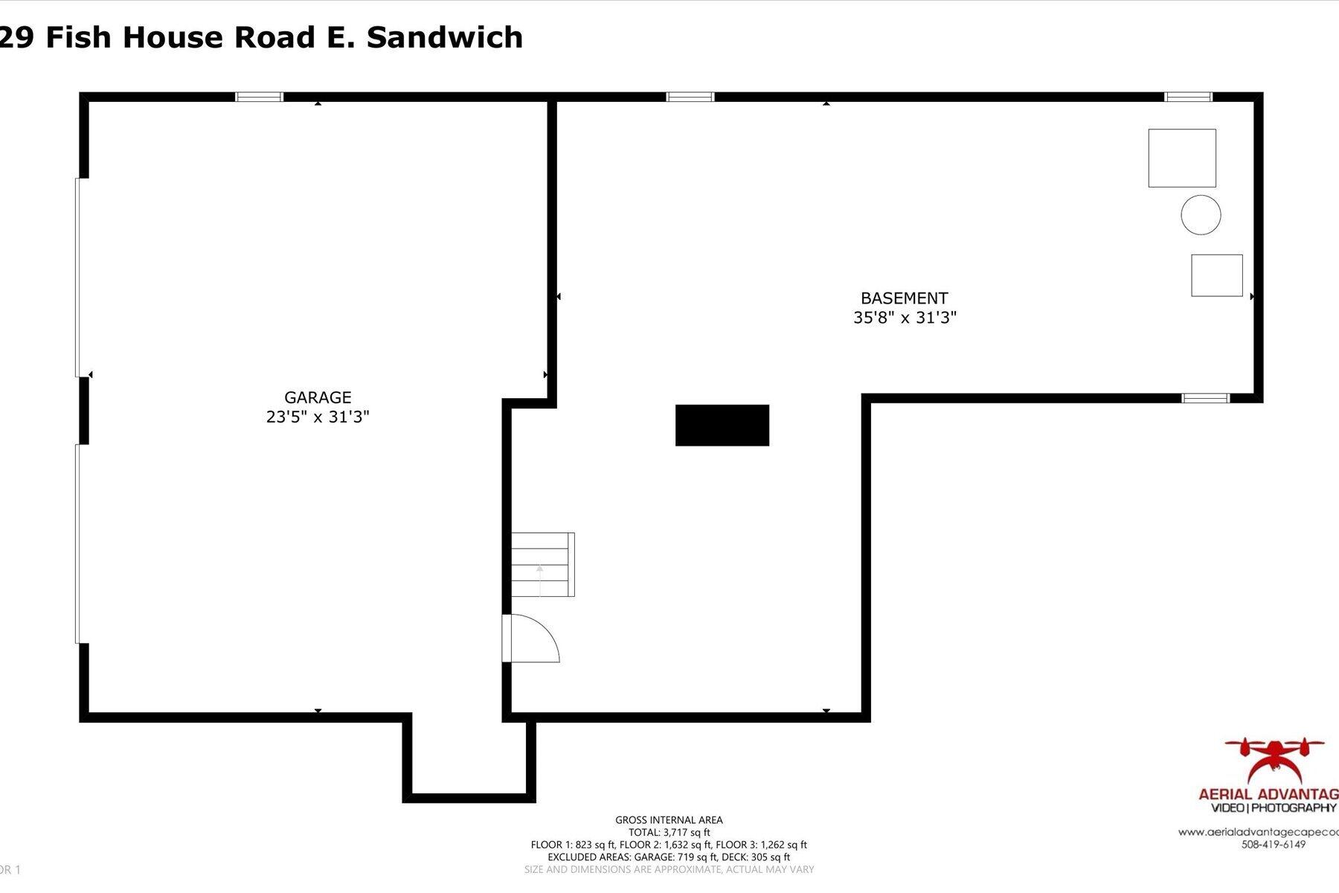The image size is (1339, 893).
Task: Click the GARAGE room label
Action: (x=318, y=397)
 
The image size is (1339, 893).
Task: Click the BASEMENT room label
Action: (x=904, y=298)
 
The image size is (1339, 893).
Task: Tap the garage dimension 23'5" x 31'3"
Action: (x=318, y=417)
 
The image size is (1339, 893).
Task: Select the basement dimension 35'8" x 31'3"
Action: (x=905, y=318)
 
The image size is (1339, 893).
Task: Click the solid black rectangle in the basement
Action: (x=722, y=426)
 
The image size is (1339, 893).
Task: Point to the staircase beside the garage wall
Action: (x=542, y=564)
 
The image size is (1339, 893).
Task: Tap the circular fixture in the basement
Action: (x=1201, y=215)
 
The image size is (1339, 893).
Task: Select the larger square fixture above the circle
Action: (x=1181, y=158)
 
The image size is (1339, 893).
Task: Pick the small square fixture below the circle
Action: (x=1216, y=275)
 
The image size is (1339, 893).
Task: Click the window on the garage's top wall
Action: (x=260, y=97)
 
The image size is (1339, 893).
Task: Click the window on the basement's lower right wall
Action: (x=1205, y=398)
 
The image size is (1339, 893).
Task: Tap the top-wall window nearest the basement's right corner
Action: (x=1188, y=97)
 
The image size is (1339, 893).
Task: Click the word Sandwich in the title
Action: (x=445, y=37)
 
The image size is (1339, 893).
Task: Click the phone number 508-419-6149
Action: (x=1273, y=845)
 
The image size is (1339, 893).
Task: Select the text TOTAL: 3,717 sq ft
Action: (x=669, y=833)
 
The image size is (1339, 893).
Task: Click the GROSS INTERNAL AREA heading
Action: (x=669, y=820)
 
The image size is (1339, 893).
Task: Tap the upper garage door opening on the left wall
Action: (x=78, y=277)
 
